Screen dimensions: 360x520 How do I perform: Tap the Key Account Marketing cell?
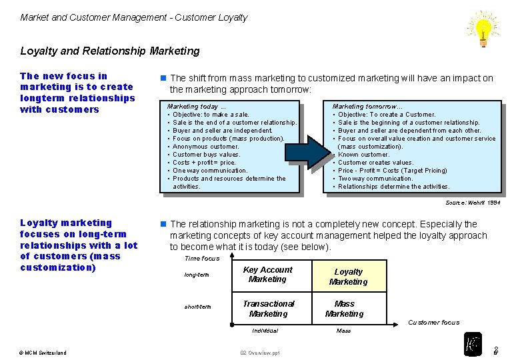click(267, 275)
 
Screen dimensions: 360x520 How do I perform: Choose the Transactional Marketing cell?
click(268, 309)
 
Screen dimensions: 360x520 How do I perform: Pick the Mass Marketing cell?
click(345, 309)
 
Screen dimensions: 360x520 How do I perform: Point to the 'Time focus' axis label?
click(201, 258)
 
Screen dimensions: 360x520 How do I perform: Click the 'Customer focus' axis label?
click(433, 323)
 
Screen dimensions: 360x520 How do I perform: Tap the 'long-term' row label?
click(197, 275)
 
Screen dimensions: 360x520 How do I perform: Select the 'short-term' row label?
click(197, 307)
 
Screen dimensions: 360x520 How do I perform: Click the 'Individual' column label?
click(265, 331)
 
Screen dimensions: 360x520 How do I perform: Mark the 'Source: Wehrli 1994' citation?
click(473, 203)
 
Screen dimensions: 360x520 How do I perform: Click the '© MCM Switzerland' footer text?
click(43, 353)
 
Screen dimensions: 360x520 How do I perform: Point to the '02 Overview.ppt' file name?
click(260, 353)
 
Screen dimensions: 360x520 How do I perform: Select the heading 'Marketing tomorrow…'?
click(367, 107)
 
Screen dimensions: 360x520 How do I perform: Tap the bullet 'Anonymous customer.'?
click(206, 147)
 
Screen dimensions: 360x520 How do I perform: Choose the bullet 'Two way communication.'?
click(375, 179)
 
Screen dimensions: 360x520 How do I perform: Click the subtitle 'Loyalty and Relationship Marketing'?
click(110, 51)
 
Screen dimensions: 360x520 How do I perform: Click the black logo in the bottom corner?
click(473, 344)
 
